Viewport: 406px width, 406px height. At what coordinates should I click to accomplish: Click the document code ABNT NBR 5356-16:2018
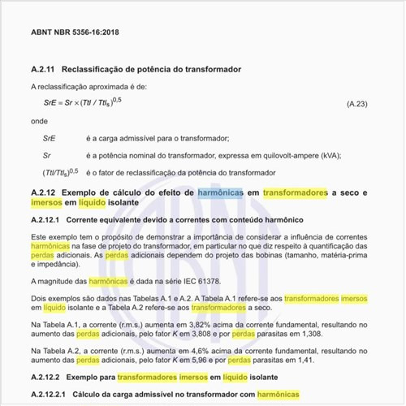[74, 32]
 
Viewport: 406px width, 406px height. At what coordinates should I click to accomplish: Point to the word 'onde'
[39, 120]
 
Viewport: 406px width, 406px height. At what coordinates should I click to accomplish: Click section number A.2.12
[44, 192]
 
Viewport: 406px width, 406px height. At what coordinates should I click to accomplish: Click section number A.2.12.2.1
[50, 395]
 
